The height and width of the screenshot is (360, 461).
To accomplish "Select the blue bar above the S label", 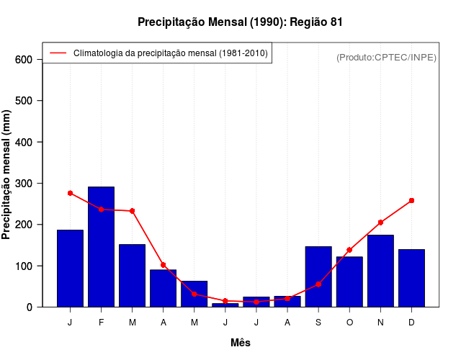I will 318,276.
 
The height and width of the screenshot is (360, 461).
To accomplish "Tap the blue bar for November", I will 380,271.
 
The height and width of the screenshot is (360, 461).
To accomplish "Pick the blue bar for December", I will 411,278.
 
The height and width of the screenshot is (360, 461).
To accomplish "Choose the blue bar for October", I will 349,282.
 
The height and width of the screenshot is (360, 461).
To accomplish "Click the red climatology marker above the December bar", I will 411,200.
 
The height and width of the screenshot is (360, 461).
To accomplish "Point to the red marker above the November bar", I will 380,222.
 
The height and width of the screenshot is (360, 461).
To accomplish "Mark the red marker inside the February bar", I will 101,210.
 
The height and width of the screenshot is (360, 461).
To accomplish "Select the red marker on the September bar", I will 318,284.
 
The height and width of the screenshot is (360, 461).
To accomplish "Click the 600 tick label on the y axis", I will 24,59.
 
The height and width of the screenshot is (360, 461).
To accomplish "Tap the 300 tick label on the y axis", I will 24,184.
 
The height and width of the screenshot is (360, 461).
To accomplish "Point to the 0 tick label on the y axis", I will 30,307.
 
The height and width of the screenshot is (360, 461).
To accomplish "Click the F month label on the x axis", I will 101,323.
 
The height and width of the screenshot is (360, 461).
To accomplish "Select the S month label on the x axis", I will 318,323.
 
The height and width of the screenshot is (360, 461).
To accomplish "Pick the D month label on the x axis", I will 411,323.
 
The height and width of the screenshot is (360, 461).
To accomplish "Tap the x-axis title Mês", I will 241,343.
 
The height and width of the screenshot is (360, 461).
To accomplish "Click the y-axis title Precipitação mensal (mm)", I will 7,175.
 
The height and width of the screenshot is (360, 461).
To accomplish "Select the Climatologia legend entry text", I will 171,53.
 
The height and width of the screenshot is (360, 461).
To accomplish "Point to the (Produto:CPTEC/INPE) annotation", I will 386,57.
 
